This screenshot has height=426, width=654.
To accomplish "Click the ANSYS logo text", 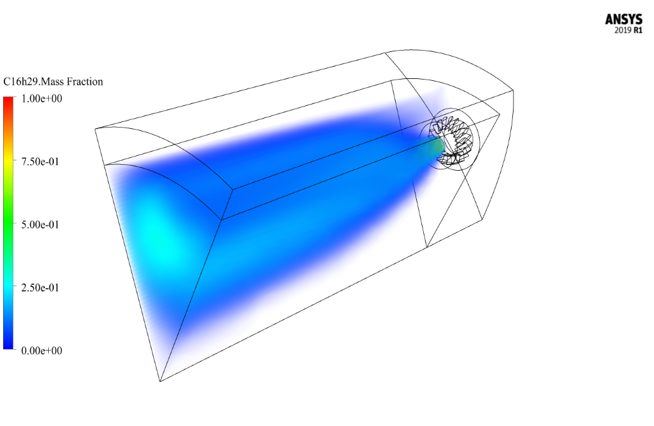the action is (624, 19).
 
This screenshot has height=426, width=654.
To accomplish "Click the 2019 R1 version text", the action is (628, 30).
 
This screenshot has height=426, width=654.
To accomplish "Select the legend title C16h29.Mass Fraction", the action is (53, 81).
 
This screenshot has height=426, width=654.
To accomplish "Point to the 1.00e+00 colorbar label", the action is (42, 98).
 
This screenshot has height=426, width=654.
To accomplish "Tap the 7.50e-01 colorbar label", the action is (40, 162).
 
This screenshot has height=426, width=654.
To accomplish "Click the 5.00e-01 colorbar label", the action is (40, 225).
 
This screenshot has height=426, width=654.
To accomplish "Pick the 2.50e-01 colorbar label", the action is (40, 287).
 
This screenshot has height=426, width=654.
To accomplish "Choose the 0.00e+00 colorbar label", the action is (42, 350).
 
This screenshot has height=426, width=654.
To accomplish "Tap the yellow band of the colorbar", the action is (8, 164).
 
